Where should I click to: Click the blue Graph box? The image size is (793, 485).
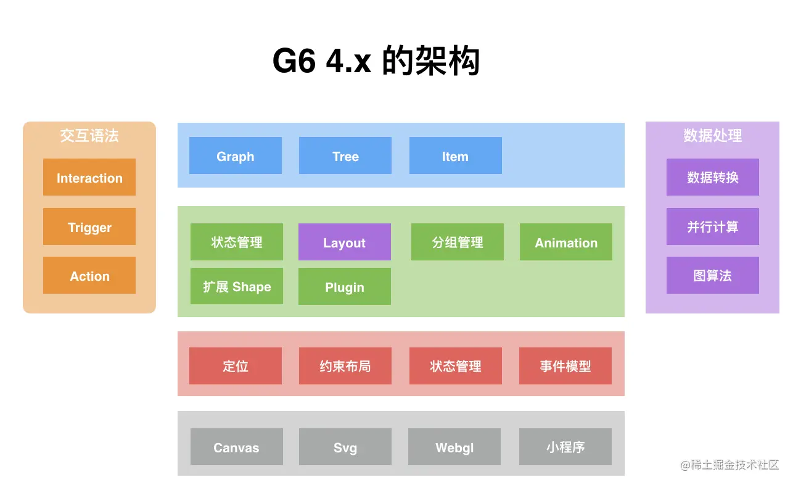236,155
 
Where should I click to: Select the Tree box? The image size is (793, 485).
345,155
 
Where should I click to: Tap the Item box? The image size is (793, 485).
455,155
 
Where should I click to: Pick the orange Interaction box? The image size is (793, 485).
89,177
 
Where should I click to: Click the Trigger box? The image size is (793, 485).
89,226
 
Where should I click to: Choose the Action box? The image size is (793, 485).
89,275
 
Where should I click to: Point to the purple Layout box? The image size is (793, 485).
345,242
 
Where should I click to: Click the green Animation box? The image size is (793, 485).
566,242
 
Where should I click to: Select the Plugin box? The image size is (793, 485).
345,286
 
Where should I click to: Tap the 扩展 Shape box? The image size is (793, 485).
237,286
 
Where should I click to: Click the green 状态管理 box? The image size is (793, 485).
237,242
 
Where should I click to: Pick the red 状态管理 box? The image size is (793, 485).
455,366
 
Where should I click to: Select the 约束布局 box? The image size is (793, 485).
345,366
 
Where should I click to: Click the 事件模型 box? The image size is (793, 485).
565,366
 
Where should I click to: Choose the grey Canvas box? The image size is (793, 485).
237,447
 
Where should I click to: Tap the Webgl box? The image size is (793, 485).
454,447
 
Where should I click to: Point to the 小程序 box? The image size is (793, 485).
565,447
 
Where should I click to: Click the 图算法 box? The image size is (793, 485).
713,275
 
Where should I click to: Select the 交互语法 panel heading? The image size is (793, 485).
89,136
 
